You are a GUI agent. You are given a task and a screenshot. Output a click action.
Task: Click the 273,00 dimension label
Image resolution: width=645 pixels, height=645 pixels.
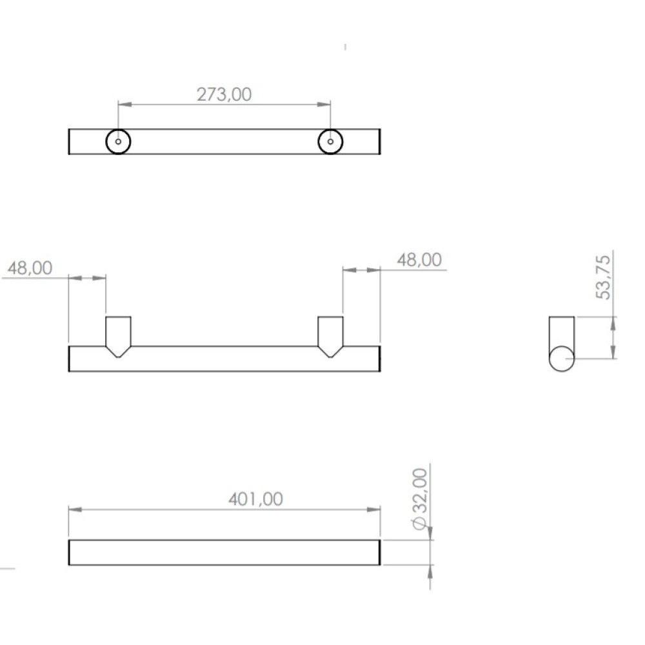(x=224, y=95)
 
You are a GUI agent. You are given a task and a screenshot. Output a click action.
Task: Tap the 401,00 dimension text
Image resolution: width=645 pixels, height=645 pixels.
(x=255, y=499)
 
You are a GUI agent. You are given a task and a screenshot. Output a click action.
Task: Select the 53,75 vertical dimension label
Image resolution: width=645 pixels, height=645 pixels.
(x=604, y=277)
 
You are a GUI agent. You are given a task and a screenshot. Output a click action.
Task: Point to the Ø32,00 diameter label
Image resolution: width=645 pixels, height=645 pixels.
(x=420, y=499)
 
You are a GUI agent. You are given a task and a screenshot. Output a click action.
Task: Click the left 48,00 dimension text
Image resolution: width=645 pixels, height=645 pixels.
(x=30, y=268)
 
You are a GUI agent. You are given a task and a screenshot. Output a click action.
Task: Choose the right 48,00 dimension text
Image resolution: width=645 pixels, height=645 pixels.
(x=419, y=260)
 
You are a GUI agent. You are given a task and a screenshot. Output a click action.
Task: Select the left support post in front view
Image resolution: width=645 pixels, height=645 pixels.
(x=119, y=337)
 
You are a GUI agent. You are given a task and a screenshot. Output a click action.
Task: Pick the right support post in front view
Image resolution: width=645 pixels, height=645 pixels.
(x=330, y=337)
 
